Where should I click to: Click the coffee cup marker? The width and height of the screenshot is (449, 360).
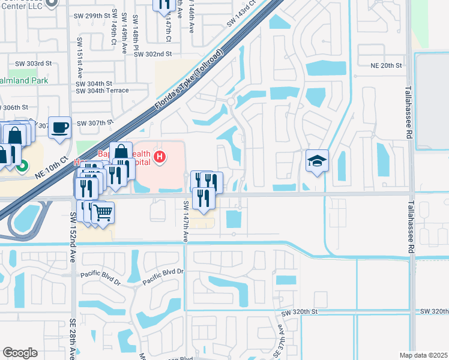point(59,127)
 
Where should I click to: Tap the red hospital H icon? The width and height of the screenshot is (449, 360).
point(160,158)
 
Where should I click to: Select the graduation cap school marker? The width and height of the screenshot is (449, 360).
point(317,161)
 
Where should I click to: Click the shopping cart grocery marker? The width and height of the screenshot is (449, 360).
point(103,212)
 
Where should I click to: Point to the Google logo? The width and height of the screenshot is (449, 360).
point(20,353)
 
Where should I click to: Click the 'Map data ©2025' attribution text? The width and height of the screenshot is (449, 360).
point(423,355)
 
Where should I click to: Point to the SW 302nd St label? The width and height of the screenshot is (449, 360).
point(153,53)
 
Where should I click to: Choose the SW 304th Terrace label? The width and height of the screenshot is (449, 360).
point(102,91)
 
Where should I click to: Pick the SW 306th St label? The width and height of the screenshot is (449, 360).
point(15,107)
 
